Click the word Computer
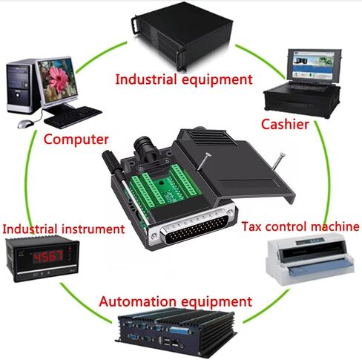76,140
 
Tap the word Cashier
285,124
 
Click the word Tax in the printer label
251,226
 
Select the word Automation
138,301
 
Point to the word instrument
93,229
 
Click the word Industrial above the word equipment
146,79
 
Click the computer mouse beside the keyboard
26,124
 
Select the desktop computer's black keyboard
73,117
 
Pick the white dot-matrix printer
310,259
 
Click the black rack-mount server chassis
183,35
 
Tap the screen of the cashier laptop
315,65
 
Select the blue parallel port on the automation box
181,331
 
